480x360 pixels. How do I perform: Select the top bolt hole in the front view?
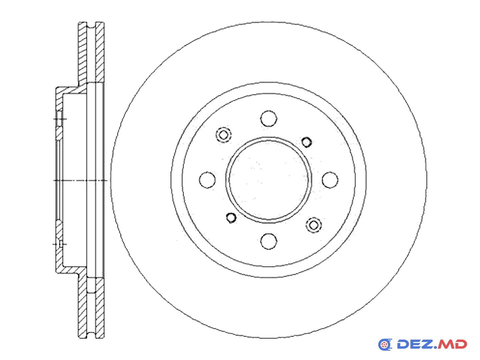(x=269, y=118)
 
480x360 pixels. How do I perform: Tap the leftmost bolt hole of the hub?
(x=207, y=180)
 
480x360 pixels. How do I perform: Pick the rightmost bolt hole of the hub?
(x=330, y=180)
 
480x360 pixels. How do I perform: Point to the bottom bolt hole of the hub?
(x=269, y=241)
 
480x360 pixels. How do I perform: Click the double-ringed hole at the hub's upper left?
(x=223, y=135)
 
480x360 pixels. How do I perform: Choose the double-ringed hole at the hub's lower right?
(x=314, y=225)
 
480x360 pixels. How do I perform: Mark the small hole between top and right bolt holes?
(x=306, y=142)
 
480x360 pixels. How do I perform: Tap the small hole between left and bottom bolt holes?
(x=231, y=217)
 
